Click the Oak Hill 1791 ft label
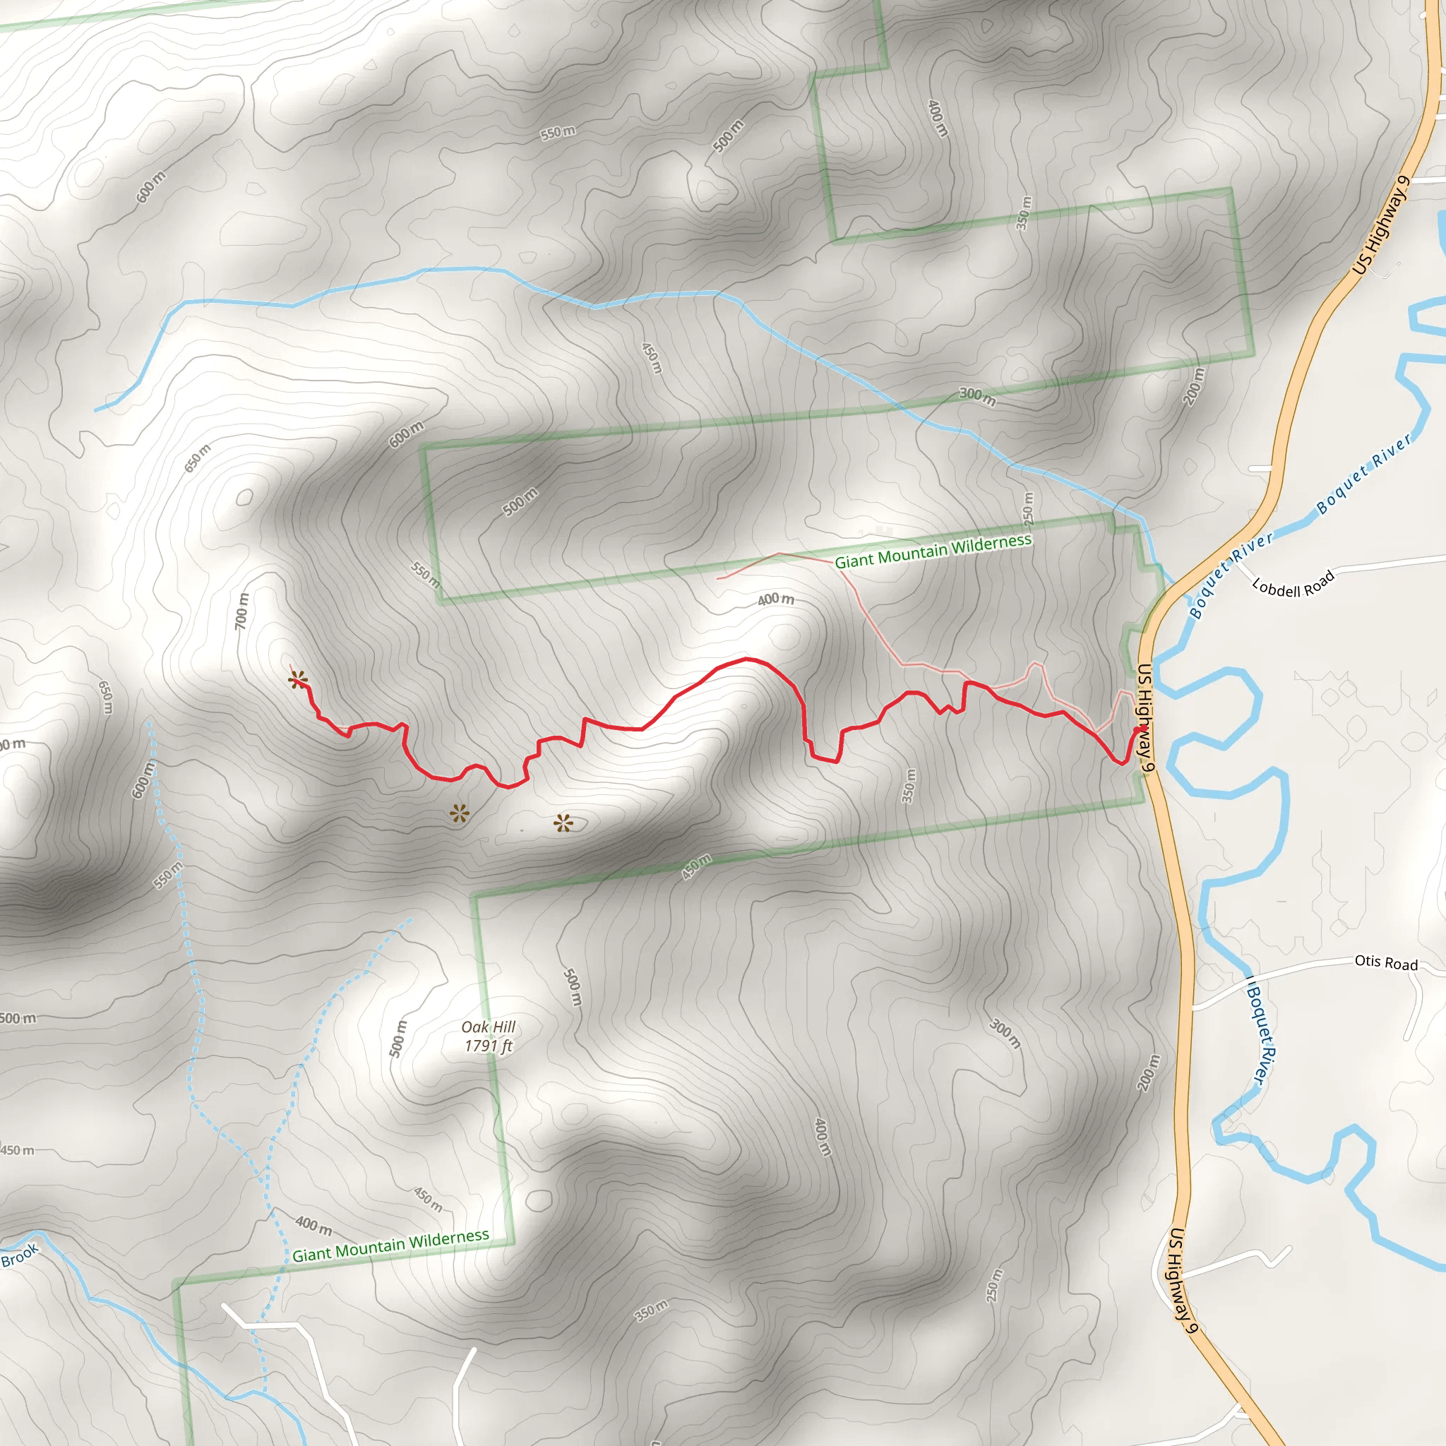pos(489,1036)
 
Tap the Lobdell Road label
pos(1293,585)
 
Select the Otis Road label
pos(1386,962)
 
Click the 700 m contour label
pos(241,611)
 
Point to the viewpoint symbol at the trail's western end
pos(298,680)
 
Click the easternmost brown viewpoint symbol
pos(563,824)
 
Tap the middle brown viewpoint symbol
pos(460,813)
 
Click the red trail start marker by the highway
pos(1142,728)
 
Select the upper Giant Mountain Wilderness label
pos(933,551)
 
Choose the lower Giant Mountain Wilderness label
pos(390,1245)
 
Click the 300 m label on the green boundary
pos(977,396)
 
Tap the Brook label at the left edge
pos(20,1255)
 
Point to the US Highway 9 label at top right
pos(1382,225)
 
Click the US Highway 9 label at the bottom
pos(1184,1280)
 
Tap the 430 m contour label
pos(696,867)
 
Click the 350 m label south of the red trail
pos(908,786)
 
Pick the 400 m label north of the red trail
pos(775,599)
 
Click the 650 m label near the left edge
pos(107,697)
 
